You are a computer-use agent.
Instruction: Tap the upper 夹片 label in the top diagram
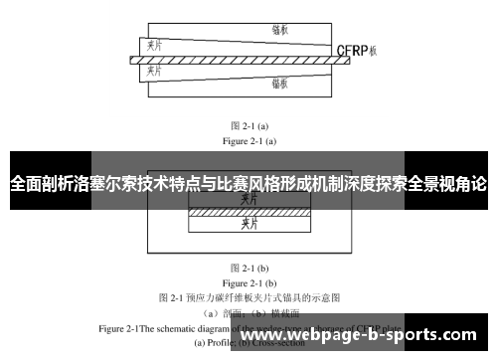(154, 45)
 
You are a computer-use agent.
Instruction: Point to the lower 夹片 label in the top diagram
(154, 75)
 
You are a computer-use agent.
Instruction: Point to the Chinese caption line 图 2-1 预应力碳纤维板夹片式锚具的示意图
(249, 296)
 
